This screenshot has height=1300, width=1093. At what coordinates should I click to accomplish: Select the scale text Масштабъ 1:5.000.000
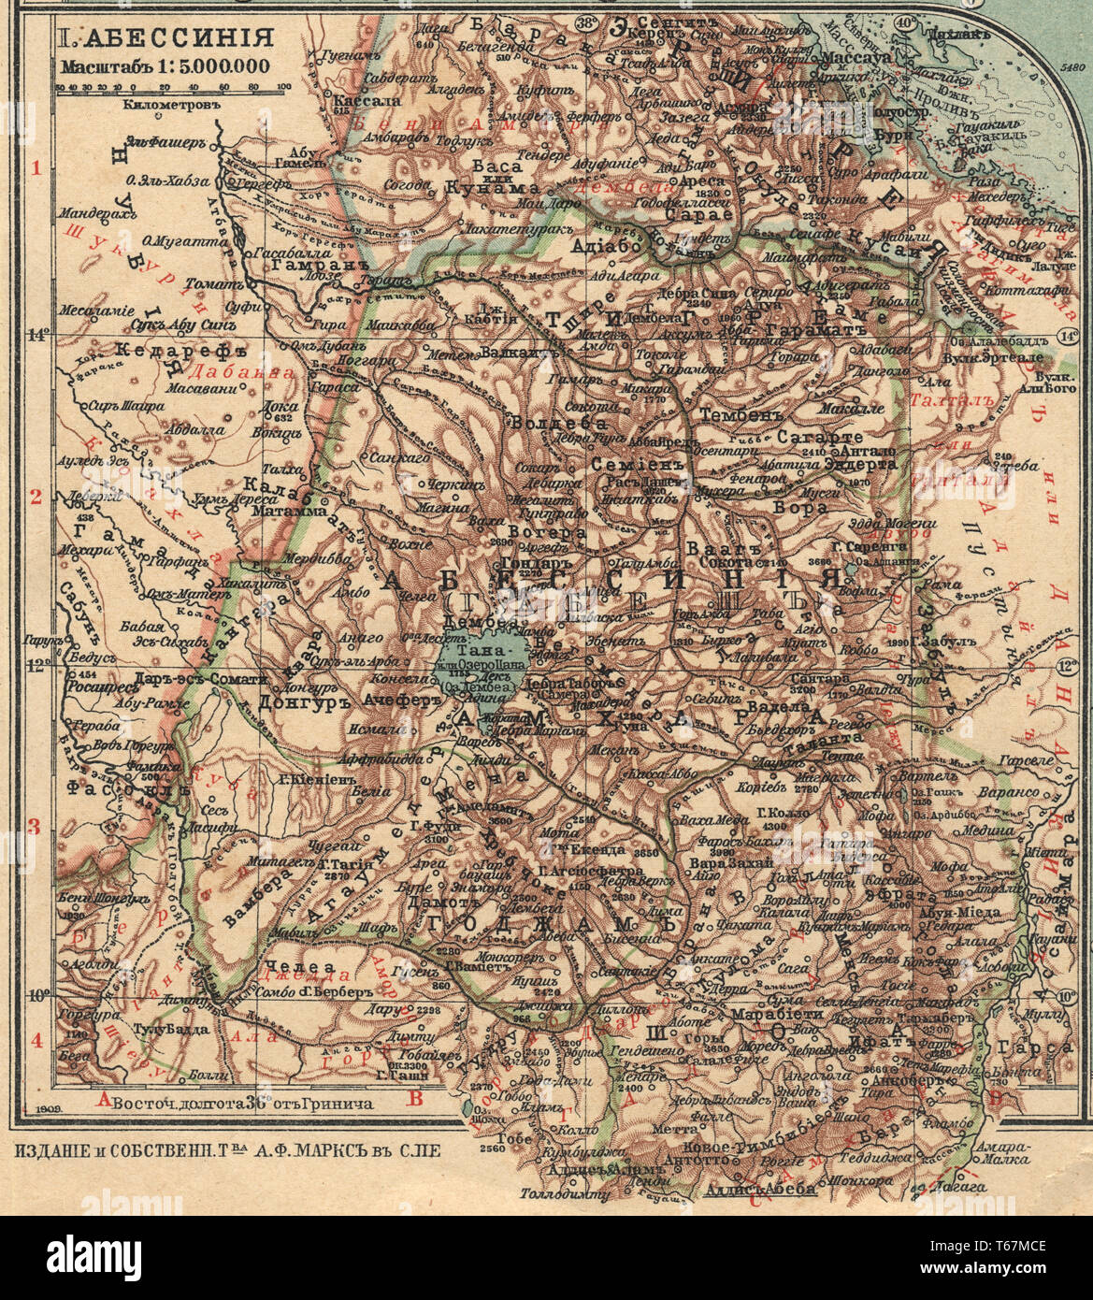point(164,65)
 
